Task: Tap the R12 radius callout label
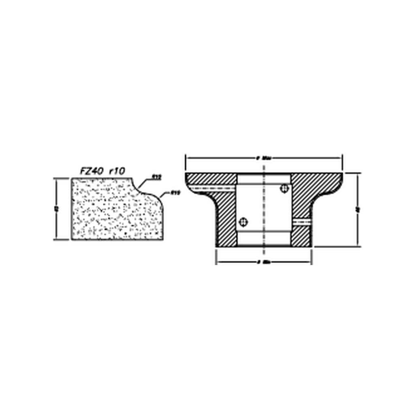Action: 157,177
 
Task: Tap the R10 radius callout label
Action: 175,193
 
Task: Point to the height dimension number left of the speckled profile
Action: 56,209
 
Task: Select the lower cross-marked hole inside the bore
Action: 243,222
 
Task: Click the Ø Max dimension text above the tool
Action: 264,158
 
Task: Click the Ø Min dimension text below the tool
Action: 264,262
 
